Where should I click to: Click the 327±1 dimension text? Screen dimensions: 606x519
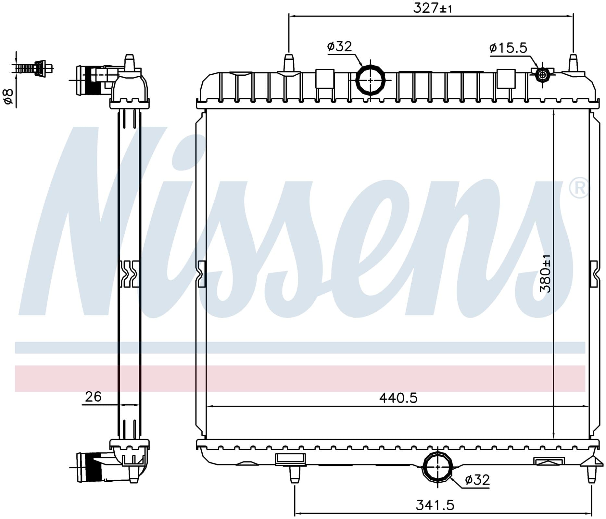click(x=432, y=8)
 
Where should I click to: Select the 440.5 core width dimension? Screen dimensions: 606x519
click(x=398, y=398)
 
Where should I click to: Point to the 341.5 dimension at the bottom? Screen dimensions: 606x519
click(x=435, y=505)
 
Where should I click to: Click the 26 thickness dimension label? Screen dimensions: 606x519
click(x=93, y=397)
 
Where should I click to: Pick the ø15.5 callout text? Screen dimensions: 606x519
click(x=508, y=48)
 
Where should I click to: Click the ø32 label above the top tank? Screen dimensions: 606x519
click(x=339, y=46)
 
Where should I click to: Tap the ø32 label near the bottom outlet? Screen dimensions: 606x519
click(x=477, y=479)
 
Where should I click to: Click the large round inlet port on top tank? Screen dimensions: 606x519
click(x=371, y=80)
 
